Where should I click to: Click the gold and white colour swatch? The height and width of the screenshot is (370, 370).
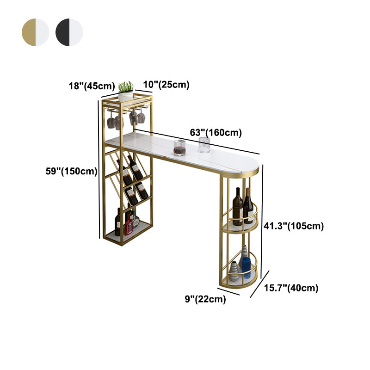coord(36,32)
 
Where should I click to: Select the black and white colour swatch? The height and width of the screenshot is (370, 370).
coord(69,32)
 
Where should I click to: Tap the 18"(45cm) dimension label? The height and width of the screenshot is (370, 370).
coord(92,86)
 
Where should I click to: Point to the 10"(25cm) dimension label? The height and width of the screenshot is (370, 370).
coord(166,85)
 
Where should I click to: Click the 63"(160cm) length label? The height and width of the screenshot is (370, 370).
coord(216,133)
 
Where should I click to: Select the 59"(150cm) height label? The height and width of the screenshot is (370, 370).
coord(72,171)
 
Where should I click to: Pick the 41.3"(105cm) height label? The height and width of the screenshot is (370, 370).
coord(294,226)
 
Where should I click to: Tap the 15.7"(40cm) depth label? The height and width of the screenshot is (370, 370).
coord(291,288)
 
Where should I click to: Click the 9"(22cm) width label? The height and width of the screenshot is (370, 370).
coord(205,299)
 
